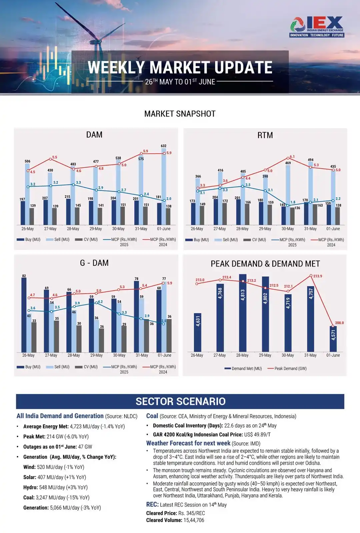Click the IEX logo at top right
pyautogui.click(x=317, y=27)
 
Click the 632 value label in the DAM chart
pyautogui.click(x=163, y=146)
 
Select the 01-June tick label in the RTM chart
pyautogui.click(x=333, y=229)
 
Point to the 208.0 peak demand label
pyautogui.click(x=339, y=323)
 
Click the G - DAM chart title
pyautogui.click(x=94, y=263)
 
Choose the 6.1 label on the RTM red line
pyautogui.click(x=292, y=156)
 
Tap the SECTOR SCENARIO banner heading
pyautogui.click(x=180, y=401)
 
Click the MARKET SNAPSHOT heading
pyautogui.click(x=180, y=114)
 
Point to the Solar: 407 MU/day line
pyautogui.click(x=55, y=477)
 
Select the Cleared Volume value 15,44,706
pyautogui.click(x=191, y=520)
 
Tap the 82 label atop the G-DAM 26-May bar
pyautogui.click(x=24, y=276)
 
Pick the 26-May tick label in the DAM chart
pyautogui.click(x=28, y=229)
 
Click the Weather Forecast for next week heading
pyautogui.click(x=188, y=443)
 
